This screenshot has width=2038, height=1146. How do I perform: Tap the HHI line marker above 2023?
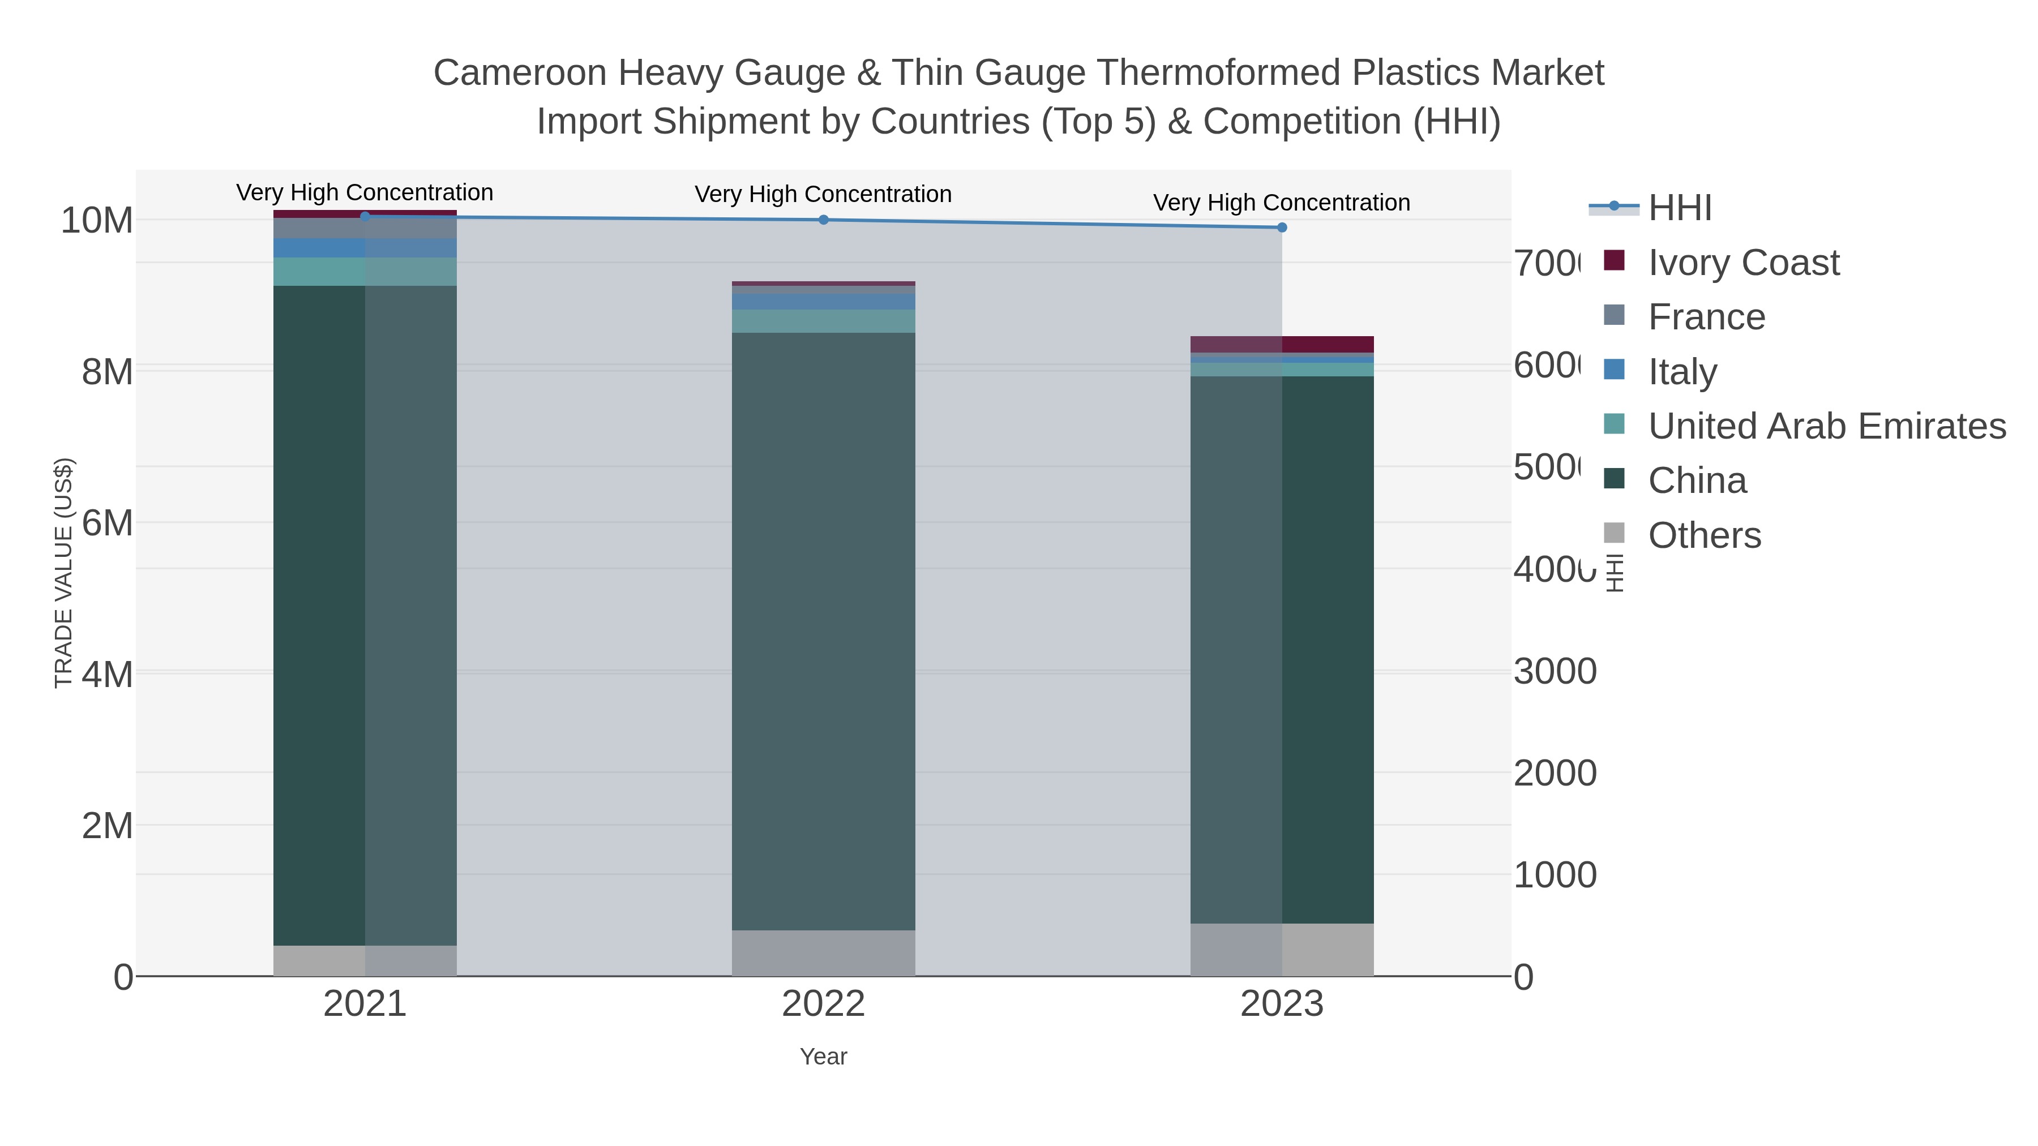tap(1282, 228)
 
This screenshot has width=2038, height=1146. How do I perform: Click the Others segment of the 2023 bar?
tap(1282, 949)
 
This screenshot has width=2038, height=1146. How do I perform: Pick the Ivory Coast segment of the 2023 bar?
tap(1282, 344)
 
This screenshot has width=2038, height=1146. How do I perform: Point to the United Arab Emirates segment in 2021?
tap(365, 271)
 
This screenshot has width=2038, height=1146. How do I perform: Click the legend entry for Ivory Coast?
tap(1743, 263)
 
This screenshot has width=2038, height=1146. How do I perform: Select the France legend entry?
tap(1706, 317)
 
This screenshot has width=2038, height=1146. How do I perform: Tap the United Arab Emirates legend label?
tap(1827, 426)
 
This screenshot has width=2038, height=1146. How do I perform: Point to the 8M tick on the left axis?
tap(107, 372)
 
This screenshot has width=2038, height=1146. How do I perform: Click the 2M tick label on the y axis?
tap(107, 826)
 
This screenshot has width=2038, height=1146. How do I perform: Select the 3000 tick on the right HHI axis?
tap(1555, 671)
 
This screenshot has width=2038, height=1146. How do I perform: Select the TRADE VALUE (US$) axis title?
tap(63, 573)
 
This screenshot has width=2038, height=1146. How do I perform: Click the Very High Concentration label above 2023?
tap(1282, 203)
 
